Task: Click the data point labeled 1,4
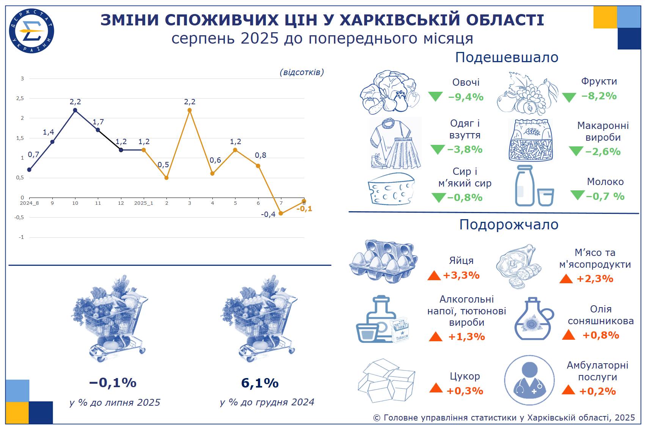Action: pos(52,142)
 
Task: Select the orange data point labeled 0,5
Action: pos(166,178)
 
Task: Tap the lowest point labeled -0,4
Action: pos(281,213)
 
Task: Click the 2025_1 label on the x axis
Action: pos(144,203)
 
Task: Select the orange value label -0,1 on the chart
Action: pos(304,209)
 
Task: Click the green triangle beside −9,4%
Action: pos(435,96)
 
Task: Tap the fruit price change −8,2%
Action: pos(599,96)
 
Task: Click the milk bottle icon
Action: pos(525,186)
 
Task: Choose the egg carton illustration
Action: pos(383,261)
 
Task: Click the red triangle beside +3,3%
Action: pos(434,276)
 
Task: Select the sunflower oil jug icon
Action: pos(534,319)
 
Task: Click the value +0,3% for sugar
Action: pos(465,391)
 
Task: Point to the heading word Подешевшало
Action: pos(507,57)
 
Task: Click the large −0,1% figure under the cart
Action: pos(113,383)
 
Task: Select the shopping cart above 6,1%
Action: pos(259,318)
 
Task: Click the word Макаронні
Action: pos(603,126)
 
